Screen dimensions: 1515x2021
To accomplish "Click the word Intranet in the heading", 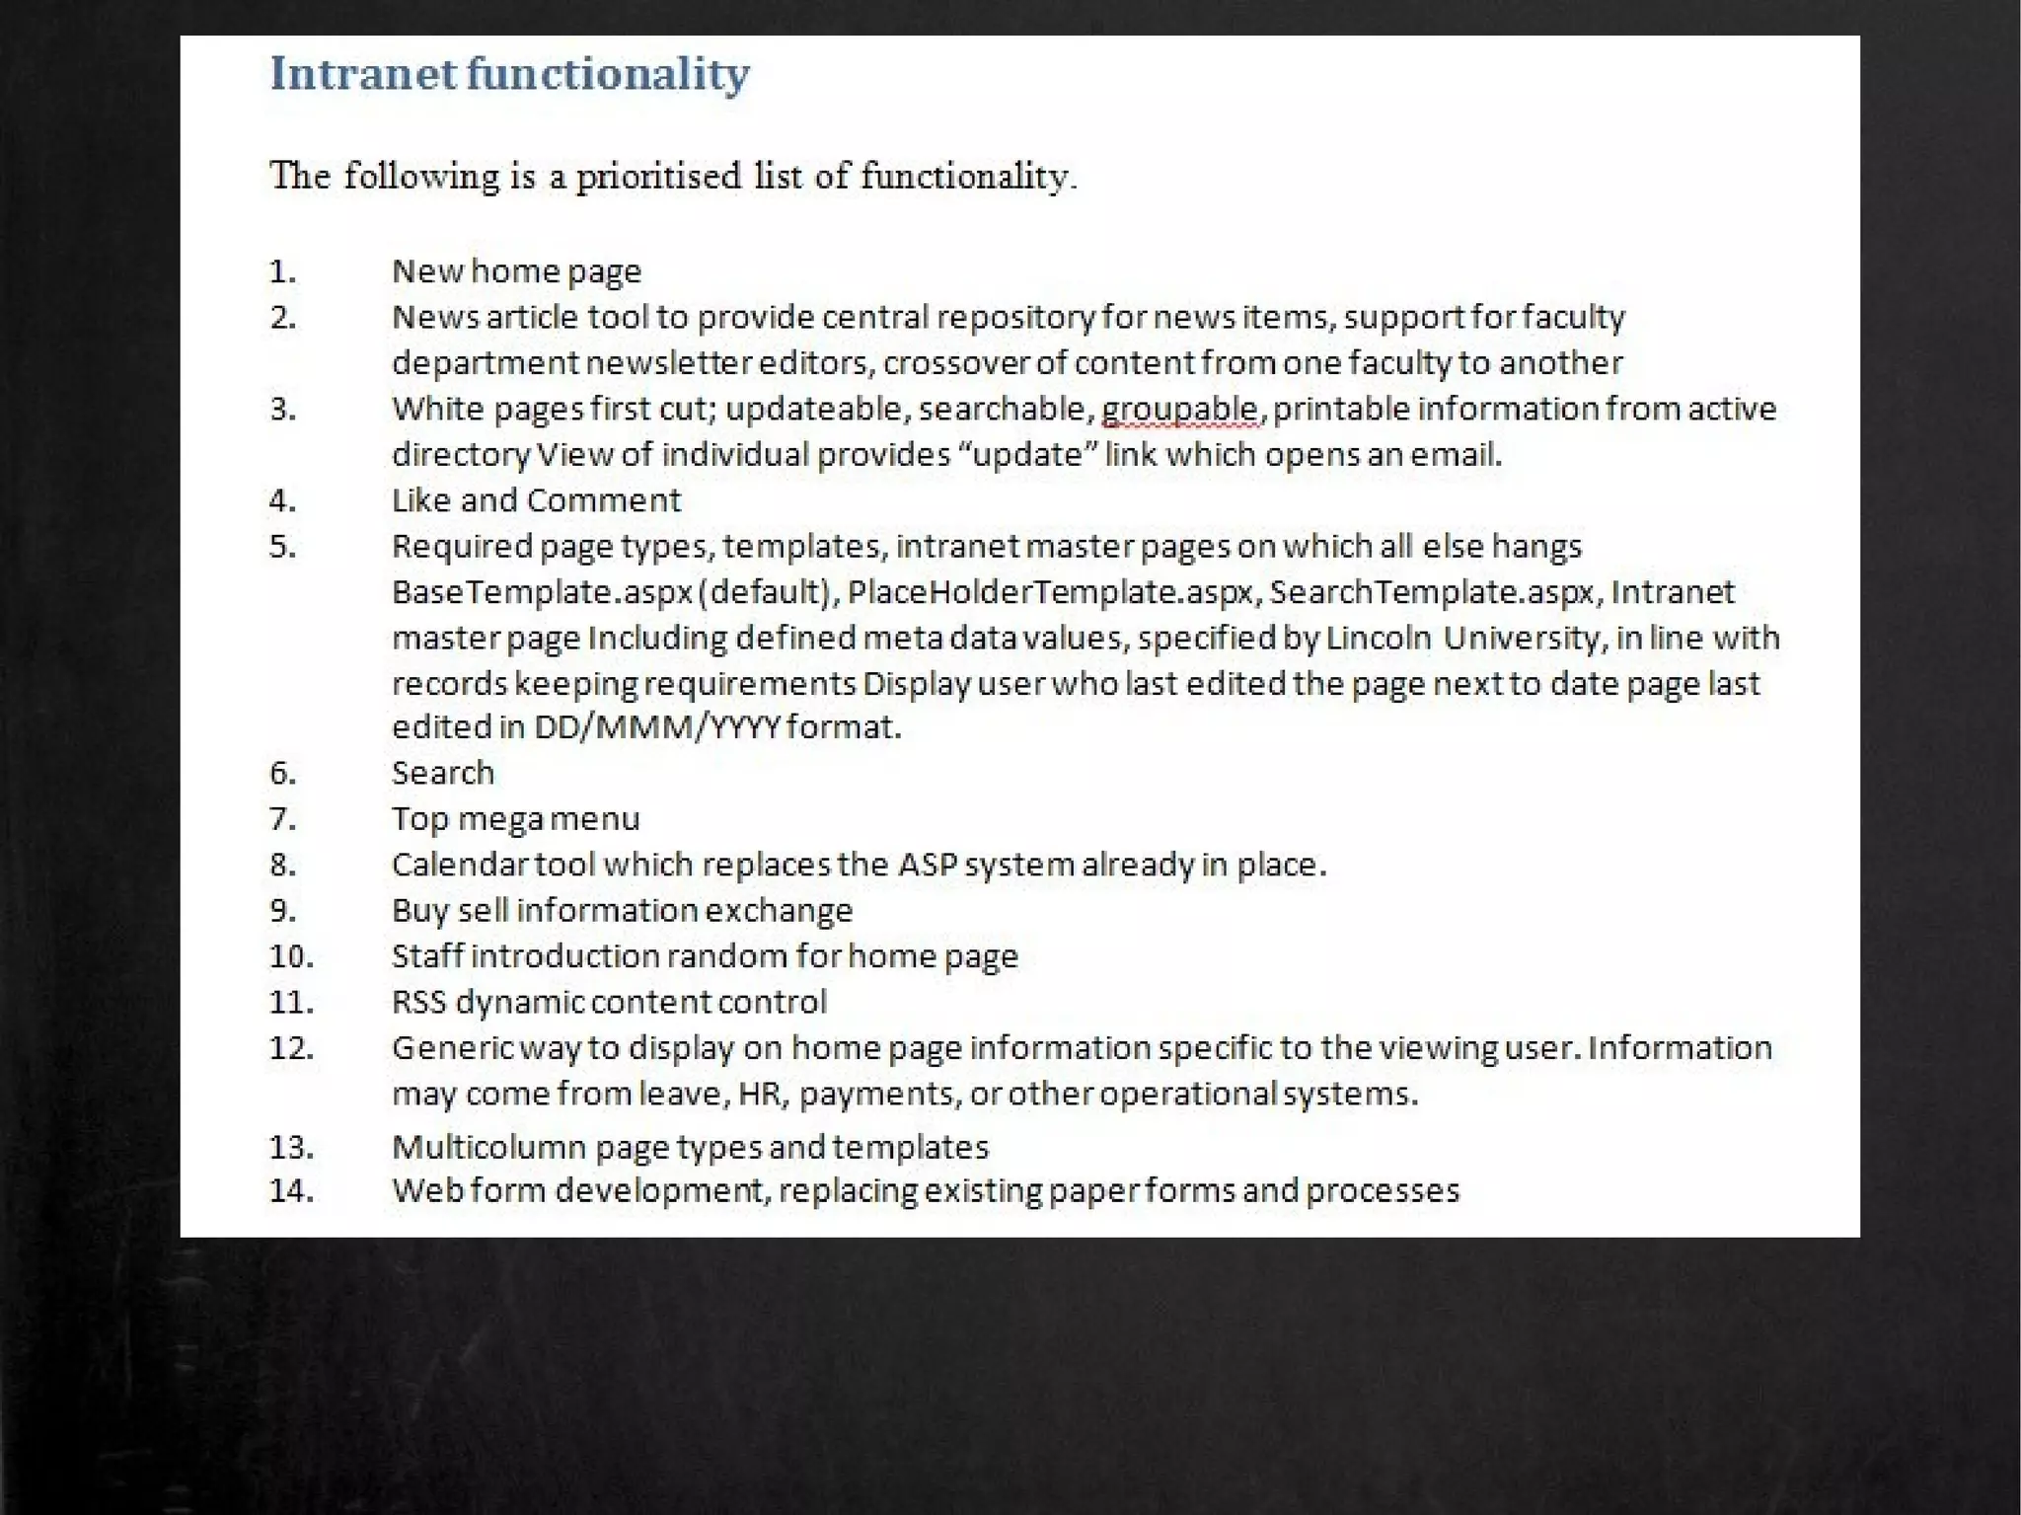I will (363, 74).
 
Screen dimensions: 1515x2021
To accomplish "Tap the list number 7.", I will (282, 818).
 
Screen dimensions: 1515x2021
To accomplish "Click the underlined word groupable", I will (1180, 410).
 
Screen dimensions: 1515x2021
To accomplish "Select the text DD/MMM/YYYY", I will (656, 727).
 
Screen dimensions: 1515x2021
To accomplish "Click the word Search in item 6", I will (442, 773).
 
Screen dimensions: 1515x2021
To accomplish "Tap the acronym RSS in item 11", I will (418, 1002).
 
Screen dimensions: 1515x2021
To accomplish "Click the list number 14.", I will (291, 1190).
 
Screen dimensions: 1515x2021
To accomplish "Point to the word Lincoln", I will (1379, 639).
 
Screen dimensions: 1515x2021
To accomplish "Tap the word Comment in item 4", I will (604, 500).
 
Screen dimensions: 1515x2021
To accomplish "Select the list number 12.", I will (291, 1047).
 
